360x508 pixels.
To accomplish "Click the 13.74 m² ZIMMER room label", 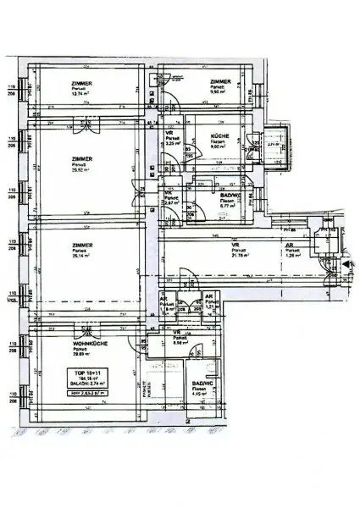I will (x=82, y=88).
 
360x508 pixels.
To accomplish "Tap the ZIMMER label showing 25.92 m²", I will (x=82, y=163).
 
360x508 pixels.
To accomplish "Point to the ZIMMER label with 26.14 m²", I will (x=82, y=250).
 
